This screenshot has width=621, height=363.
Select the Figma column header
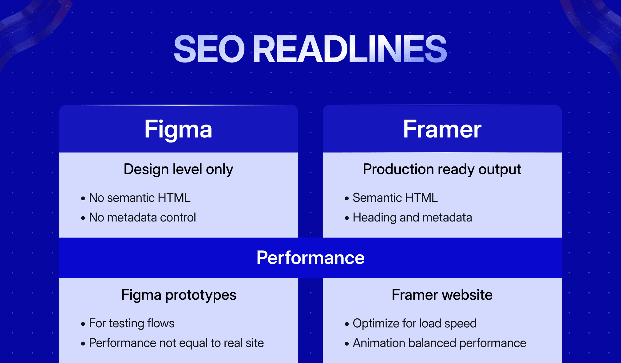pyautogui.click(x=178, y=129)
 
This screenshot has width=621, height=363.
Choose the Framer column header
pyautogui.click(x=442, y=129)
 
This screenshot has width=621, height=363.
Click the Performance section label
pyautogui.click(x=310, y=258)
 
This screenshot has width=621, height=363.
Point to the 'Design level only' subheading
pyautogui.click(x=178, y=170)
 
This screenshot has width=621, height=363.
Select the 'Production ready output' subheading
pyautogui.click(x=442, y=170)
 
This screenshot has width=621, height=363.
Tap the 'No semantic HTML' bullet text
pyautogui.click(x=140, y=198)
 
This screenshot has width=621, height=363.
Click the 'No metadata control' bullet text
pyautogui.click(x=142, y=217)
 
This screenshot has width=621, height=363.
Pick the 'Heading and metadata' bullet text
pyautogui.click(x=412, y=217)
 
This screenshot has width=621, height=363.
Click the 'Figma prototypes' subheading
pyautogui.click(x=179, y=295)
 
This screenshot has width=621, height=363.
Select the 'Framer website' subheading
pyautogui.click(x=442, y=295)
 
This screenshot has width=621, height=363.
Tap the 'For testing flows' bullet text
pyautogui.click(x=132, y=323)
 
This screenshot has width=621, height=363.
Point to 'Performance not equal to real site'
pyautogui.click(x=176, y=343)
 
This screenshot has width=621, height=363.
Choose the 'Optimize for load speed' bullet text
pyautogui.click(x=414, y=323)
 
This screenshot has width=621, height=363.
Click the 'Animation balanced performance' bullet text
pyautogui.click(x=439, y=343)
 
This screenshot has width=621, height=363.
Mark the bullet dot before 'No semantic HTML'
pyautogui.click(x=83, y=199)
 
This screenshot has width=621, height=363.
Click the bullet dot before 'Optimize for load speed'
pyautogui.click(x=347, y=324)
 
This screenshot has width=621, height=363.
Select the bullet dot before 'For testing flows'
pyautogui.click(x=83, y=324)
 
